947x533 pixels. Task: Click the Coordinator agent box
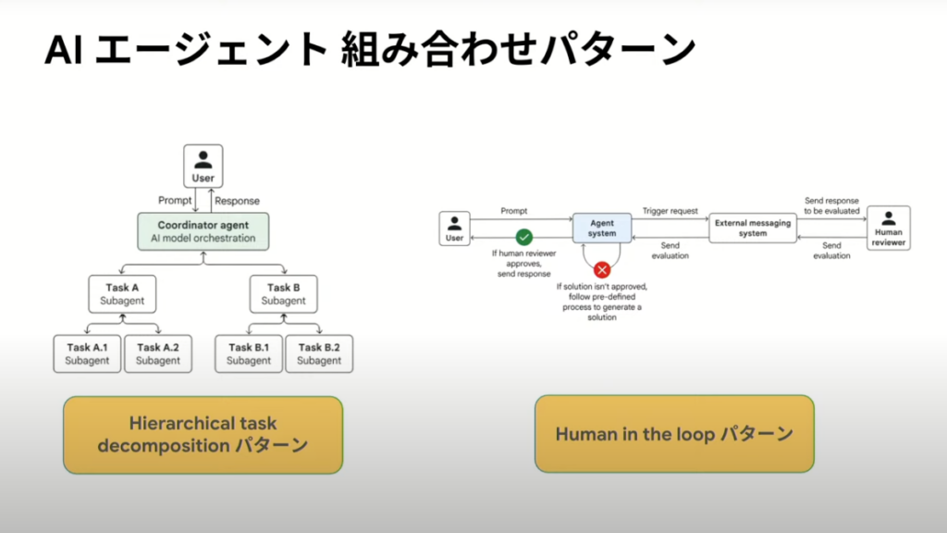pos(203,231)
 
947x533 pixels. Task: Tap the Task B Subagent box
pos(283,293)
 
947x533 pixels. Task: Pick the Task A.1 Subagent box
pos(87,353)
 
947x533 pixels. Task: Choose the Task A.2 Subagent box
pos(158,353)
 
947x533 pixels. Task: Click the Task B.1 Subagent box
pos(249,353)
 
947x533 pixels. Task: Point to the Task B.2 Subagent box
pos(319,353)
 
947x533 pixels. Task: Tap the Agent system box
pos(601,228)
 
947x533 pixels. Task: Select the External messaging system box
pos(753,228)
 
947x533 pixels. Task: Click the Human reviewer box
pos(888,228)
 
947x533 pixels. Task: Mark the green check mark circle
pos(523,237)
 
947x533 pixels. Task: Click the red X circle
pos(602,270)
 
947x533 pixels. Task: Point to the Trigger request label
pos(670,211)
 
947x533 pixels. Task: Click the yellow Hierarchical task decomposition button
pos(203,435)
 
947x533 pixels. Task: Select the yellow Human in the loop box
pos(674,434)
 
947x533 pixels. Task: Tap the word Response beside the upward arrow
pos(237,200)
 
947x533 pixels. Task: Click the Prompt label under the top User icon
pos(175,200)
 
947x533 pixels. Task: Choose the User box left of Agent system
pos(454,228)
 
